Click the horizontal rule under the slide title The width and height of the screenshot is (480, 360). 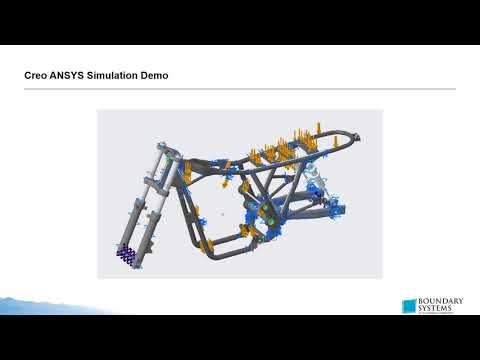pyautogui.click(x=240, y=89)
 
